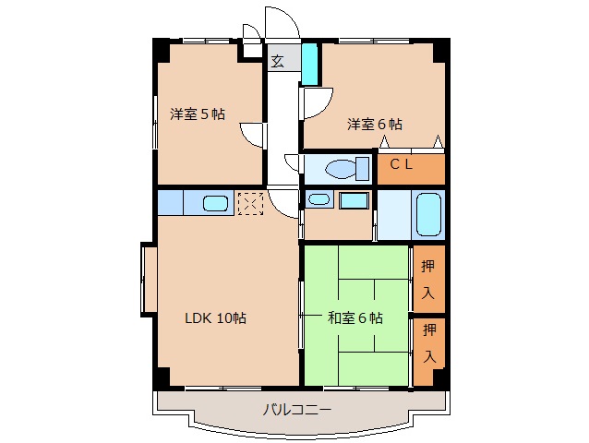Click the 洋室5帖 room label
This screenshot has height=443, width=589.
[197, 114]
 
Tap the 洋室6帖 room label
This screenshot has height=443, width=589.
[374, 123]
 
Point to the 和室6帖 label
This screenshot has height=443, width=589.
[355, 317]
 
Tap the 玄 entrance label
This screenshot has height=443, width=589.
[278, 62]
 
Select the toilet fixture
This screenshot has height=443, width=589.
[343, 170]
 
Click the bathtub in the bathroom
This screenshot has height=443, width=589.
[428, 215]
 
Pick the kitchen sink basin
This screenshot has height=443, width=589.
[217, 203]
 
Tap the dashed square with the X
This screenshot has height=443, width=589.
[251, 203]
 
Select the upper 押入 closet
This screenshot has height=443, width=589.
[428, 280]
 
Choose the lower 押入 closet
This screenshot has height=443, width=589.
[429, 341]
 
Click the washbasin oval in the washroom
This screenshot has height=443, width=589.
[319, 198]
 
